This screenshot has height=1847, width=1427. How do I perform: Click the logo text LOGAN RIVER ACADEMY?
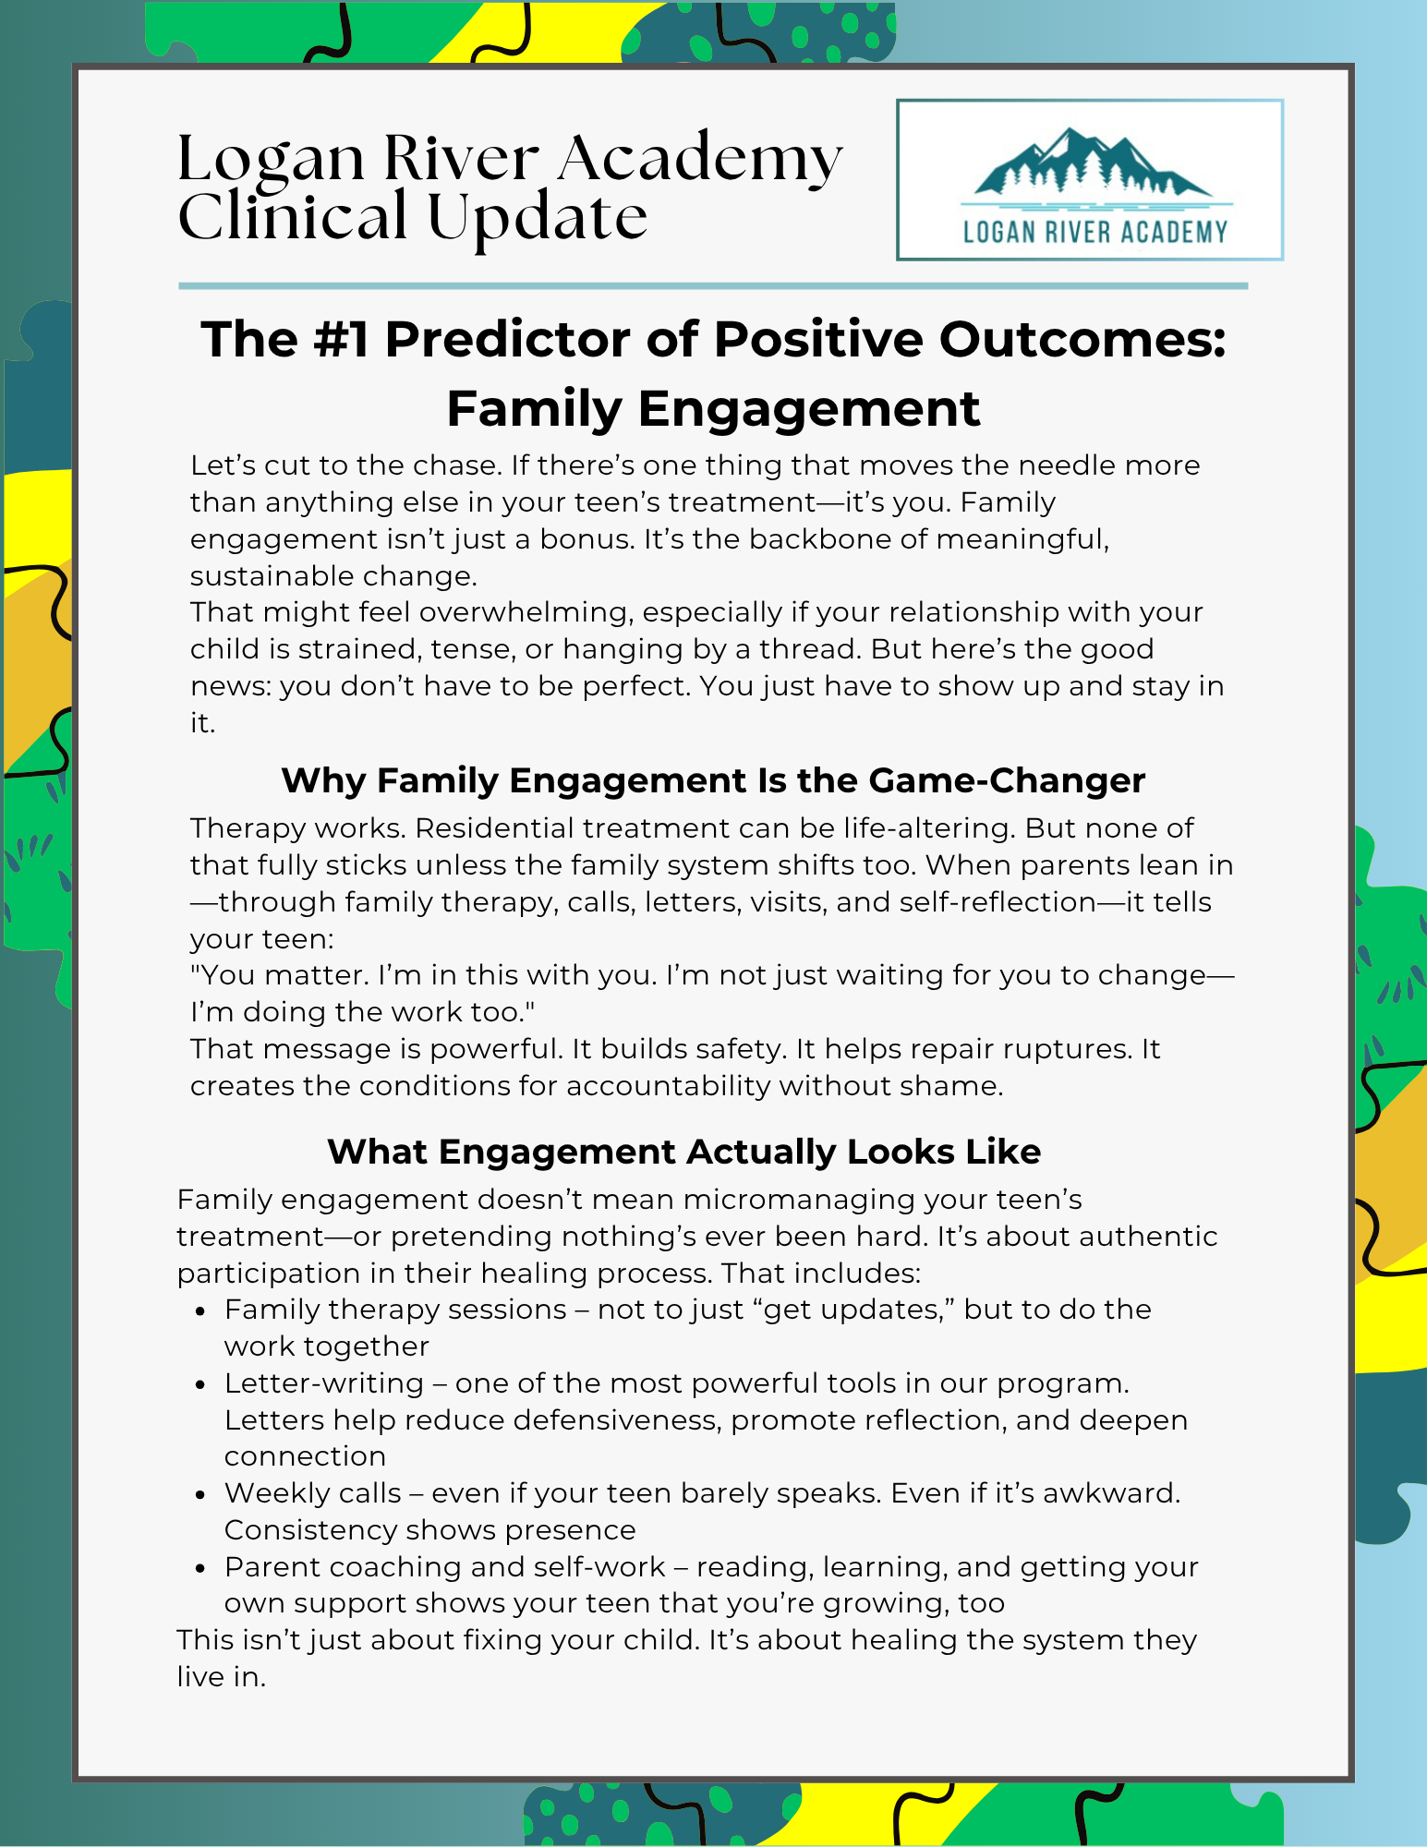point(1095,232)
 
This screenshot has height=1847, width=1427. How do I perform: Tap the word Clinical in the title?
point(293,218)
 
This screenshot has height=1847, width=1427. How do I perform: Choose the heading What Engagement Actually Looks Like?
point(684,1152)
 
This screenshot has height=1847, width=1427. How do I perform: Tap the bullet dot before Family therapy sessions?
point(201,1311)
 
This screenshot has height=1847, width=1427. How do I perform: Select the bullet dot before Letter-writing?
point(201,1385)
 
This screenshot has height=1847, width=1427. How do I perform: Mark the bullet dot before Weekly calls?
point(201,1495)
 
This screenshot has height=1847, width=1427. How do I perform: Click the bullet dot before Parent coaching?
point(201,1569)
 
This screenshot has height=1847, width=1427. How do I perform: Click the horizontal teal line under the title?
point(713,286)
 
